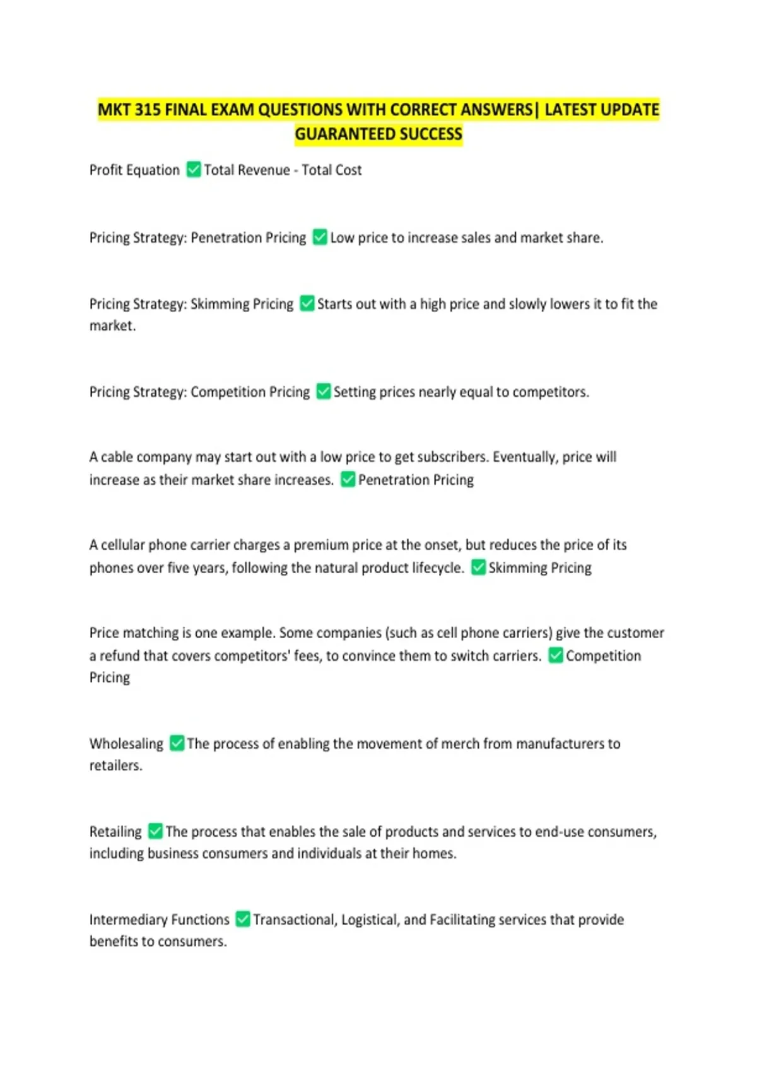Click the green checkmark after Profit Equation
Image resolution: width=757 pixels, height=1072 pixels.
(194, 170)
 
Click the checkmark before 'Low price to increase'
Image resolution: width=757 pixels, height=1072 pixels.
(320, 237)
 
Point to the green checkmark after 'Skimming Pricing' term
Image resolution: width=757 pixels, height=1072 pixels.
(307, 303)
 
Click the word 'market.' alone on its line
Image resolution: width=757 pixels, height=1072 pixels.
(112, 325)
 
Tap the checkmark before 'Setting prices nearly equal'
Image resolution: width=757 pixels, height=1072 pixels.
(324, 392)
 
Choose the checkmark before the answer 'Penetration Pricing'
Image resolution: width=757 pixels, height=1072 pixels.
(348, 480)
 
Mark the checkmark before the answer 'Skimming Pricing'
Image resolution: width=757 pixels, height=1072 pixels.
(479, 568)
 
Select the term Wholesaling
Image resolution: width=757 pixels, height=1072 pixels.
(126, 743)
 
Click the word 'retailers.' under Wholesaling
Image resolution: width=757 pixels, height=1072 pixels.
(115, 766)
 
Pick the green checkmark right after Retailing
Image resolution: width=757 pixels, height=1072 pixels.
(155, 831)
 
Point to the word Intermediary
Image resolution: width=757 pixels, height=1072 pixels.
(128, 919)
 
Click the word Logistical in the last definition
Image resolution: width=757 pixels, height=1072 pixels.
(370, 919)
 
